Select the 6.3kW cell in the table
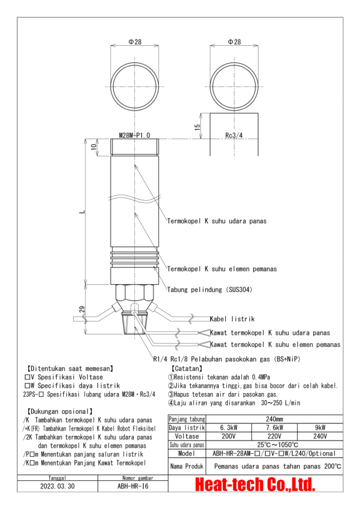click(229, 427)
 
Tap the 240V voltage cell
click(320, 436)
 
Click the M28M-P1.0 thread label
click(134, 135)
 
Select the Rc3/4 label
click(234, 135)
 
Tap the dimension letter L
click(83, 212)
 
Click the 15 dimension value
click(197, 127)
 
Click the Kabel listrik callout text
click(232, 319)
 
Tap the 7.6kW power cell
click(274, 427)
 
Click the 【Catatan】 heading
click(186, 369)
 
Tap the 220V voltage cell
click(274, 436)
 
